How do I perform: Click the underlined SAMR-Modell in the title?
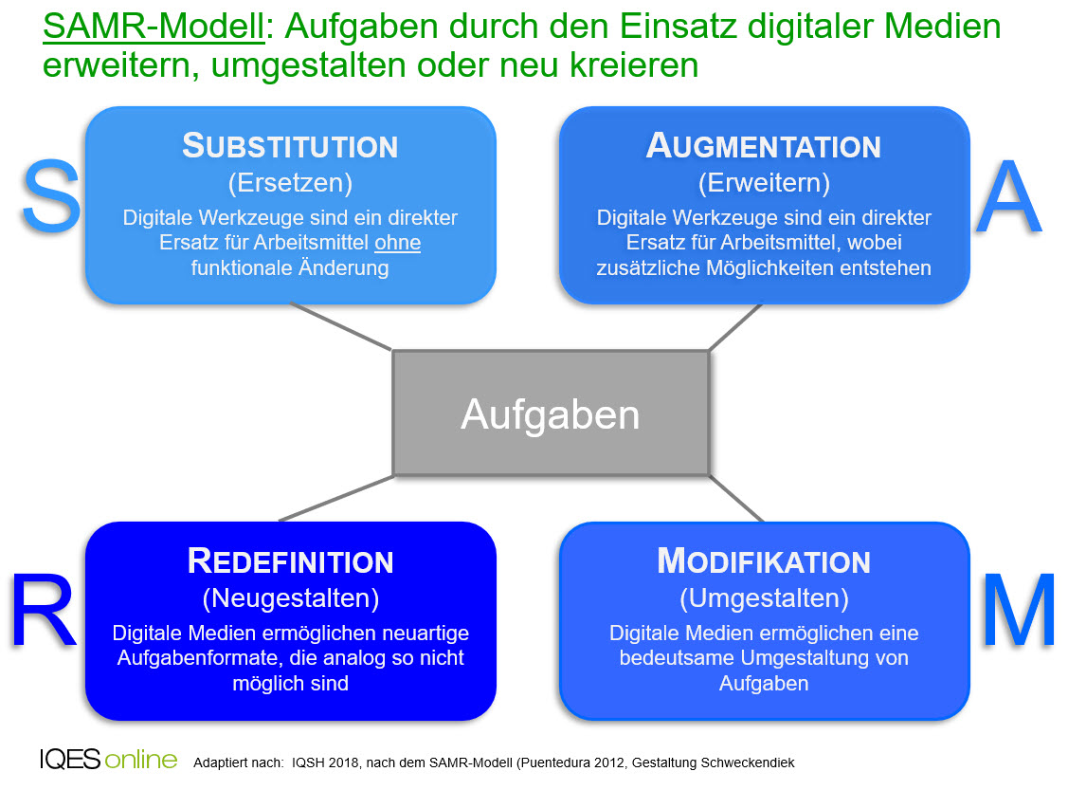[x=154, y=28]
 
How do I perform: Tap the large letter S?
[x=51, y=196]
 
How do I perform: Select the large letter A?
[x=1008, y=197]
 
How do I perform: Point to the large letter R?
[x=43, y=611]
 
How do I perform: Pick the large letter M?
[x=1019, y=611]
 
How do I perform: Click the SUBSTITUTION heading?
[x=290, y=146]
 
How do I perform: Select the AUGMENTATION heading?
[x=764, y=146]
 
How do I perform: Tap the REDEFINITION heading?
[x=290, y=561]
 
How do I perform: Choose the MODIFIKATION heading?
[x=764, y=561]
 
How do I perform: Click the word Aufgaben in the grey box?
[x=551, y=414]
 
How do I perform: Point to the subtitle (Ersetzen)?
[x=290, y=183]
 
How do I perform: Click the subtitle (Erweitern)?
[x=764, y=183]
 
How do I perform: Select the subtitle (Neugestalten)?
[x=290, y=598]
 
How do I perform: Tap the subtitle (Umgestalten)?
[x=764, y=598]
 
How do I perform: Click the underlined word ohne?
[x=398, y=243]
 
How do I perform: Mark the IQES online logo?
[x=108, y=760]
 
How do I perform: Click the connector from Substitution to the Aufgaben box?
[x=341, y=326]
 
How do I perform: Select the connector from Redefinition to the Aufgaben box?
[x=336, y=498]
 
